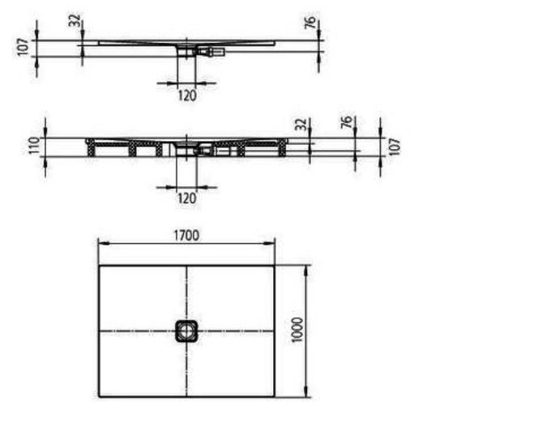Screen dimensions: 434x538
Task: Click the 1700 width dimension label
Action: (x=186, y=235)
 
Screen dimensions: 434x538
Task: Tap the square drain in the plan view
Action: (x=186, y=330)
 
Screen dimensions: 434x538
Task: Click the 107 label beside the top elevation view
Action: (x=24, y=46)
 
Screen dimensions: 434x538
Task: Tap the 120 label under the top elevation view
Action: (x=186, y=95)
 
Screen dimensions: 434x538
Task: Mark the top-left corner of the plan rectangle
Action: (x=98, y=266)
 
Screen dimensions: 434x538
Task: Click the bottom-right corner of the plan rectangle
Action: (x=275, y=397)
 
